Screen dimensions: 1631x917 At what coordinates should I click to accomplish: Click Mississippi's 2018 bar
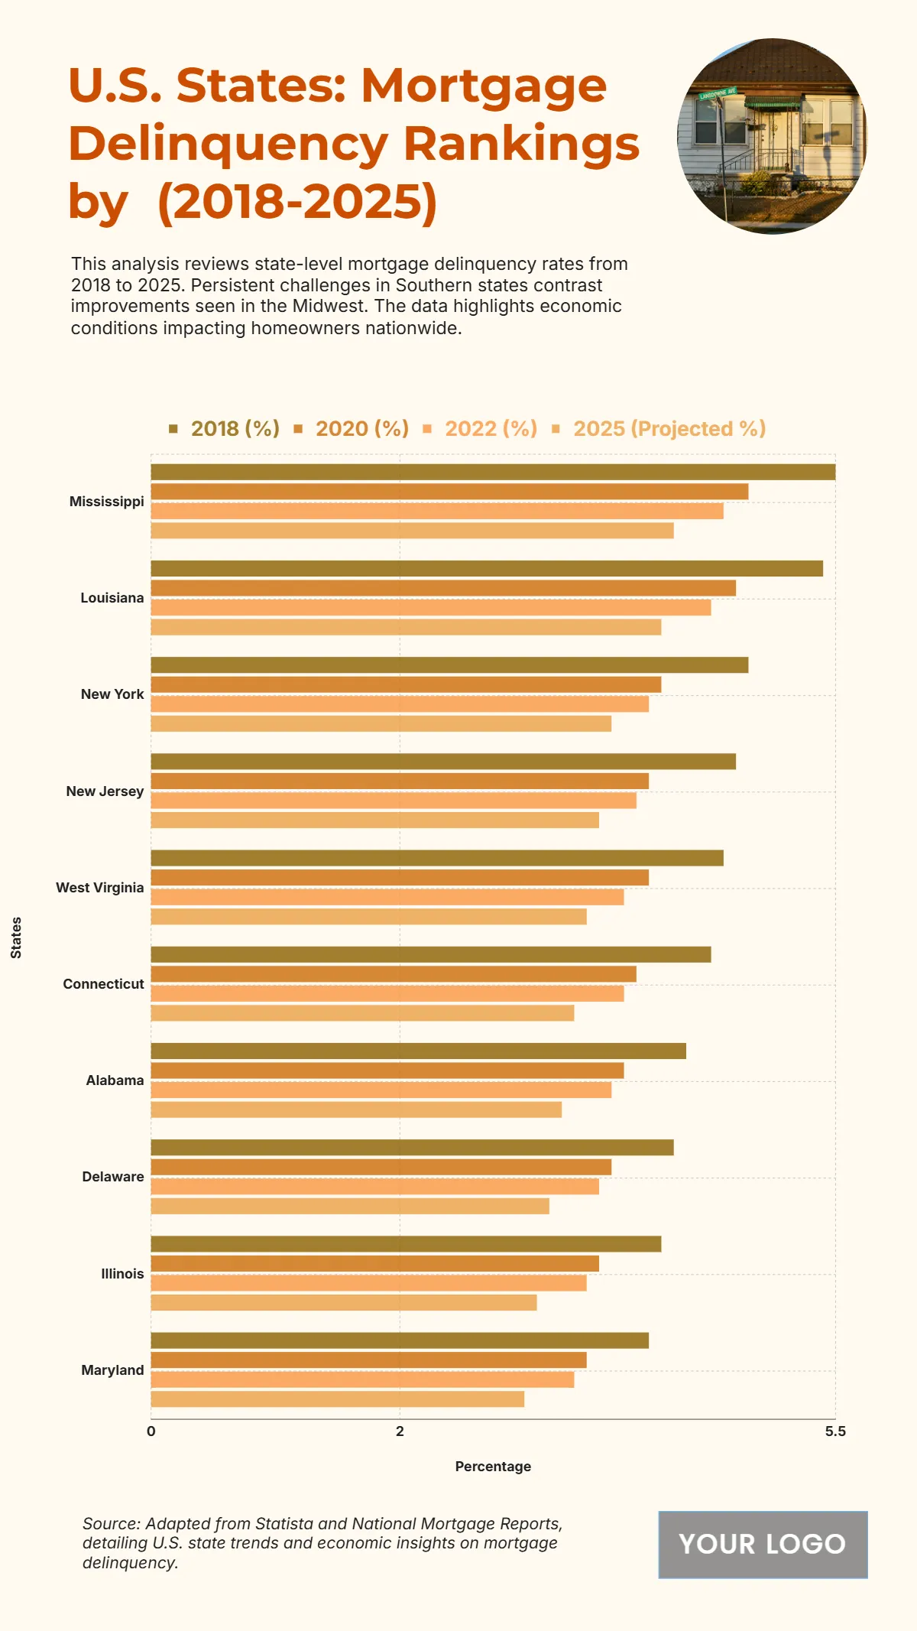click(493, 472)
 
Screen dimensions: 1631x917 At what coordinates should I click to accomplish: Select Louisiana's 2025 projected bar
click(406, 627)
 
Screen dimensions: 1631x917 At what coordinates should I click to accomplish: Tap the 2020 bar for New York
click(406, 684)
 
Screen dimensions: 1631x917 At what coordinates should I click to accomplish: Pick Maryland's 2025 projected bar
click(337, 1399)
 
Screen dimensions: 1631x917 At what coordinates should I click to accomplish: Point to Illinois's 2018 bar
click(406, 1244)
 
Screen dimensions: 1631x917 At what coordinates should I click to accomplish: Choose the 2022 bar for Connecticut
click(387, 993)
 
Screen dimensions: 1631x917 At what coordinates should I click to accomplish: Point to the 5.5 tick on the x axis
click(835, 1431)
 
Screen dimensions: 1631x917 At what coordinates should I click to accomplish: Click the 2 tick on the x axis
click(400, 1431)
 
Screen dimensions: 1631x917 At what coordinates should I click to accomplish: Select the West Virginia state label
click(99, 888)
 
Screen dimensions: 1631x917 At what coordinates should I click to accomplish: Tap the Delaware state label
click(112, 1177)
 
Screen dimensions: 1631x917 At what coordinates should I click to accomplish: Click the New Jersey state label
click(105, 791)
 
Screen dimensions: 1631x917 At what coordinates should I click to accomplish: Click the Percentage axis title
click(493, 1467)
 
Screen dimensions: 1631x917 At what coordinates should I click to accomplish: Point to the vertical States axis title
click(16, 937)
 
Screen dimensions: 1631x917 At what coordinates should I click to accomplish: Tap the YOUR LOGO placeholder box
click(763, 1545)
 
